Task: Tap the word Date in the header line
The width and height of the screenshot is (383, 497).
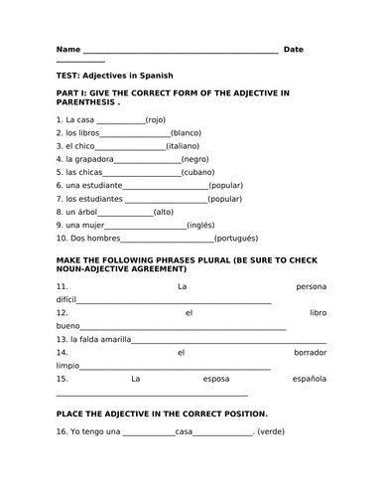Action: [294, 49]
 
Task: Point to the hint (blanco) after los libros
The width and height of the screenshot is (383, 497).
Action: [189, 132]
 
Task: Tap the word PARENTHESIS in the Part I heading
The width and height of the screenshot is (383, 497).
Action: [85, 101]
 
